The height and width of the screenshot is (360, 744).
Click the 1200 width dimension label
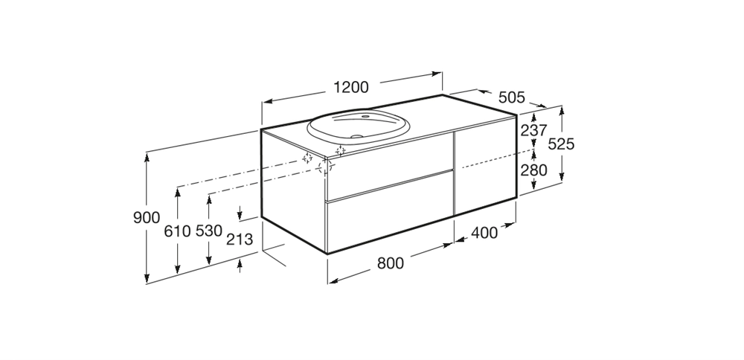(x=350, y=87)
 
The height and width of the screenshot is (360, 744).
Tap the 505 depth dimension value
(x=512, y=97)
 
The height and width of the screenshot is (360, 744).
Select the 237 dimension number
(x=533, y=130)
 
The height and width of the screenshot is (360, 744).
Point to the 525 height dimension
(x=561, y=144)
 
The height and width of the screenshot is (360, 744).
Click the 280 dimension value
(x=533, y=170)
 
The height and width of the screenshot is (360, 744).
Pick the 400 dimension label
(x=484, y=233)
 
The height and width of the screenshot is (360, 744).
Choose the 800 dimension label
(x=390, y=263)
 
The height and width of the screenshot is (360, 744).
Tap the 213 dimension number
(x=239, y=240)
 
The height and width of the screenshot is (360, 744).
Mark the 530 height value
(x=209, y=231)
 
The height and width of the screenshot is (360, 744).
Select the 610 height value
(x=177, y=231)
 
